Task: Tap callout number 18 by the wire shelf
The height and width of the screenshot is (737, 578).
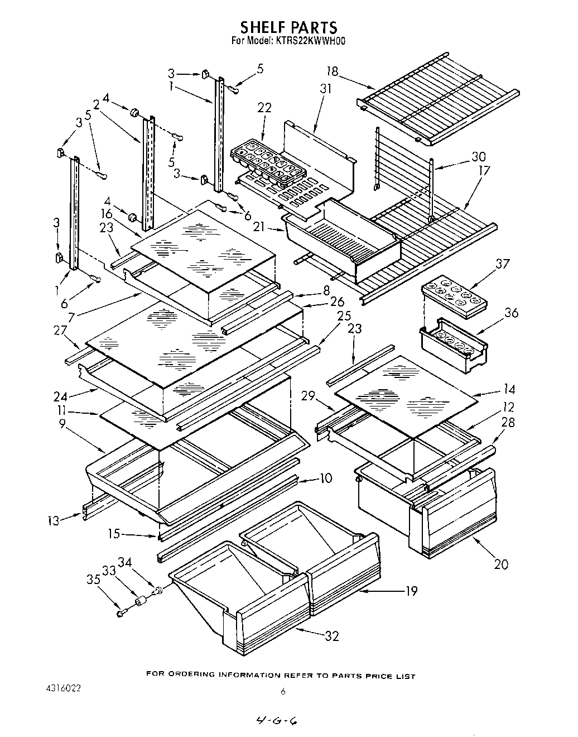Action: pos(333,71)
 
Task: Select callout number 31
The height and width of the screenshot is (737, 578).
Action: pos(325,88)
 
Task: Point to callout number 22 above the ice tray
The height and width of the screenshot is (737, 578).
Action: pos(264,108)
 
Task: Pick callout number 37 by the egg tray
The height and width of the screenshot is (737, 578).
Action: pos(503,264)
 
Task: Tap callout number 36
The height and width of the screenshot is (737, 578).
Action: pos(511,313)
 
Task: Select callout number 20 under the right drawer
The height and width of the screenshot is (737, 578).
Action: pos(501,564)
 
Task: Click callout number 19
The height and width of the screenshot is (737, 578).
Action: pos(411,591)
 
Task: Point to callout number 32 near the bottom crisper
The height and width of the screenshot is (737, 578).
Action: pos(331,636)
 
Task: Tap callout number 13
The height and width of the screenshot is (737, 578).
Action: pos(53,521)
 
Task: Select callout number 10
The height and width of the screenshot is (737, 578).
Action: pos(326,478)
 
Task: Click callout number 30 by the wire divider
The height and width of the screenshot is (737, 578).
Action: pos(479,156)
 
